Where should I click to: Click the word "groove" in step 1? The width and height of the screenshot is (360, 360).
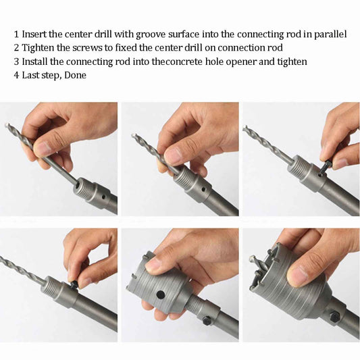[151, 34]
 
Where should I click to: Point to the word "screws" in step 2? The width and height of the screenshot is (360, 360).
[87, 48]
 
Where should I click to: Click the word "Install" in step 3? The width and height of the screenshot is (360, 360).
[34, 61]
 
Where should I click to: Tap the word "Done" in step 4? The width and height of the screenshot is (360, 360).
[75, 75]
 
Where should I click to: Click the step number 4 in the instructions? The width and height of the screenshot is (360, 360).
[16, 75]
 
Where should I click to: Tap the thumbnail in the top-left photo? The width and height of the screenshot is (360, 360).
[43, 149]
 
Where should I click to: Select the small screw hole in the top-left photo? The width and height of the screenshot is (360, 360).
[104, 197]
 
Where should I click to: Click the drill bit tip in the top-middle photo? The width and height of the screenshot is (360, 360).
[133, 136]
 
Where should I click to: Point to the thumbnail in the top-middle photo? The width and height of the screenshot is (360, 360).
[174, 155]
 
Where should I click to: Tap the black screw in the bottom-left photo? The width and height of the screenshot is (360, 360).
[74, 285]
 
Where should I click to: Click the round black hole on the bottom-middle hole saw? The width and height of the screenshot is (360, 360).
[161, 294]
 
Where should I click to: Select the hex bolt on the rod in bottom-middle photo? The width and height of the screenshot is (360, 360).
[207, 321]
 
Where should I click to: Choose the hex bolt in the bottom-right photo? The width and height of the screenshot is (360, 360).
[335, 317]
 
